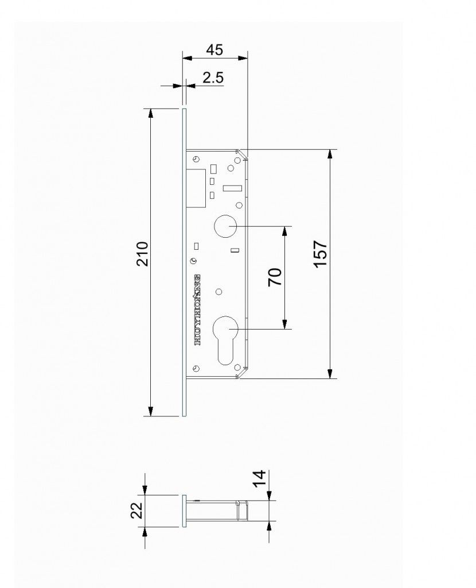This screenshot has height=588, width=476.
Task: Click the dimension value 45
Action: click(214, 50)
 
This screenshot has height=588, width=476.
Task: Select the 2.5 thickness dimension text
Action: click(213, 78)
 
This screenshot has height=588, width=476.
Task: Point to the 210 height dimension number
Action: click(143, 254)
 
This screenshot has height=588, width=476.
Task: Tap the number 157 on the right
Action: click(321, 254)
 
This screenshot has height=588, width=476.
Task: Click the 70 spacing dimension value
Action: click(275, 277)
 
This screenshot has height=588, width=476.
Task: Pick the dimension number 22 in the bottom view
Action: click(137, 510)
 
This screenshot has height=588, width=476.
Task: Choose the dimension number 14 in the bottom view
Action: click(259, 479)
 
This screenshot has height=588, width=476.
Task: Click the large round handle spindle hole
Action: click(225, 226)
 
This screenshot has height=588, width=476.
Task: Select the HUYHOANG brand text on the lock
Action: click(198, 310)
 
